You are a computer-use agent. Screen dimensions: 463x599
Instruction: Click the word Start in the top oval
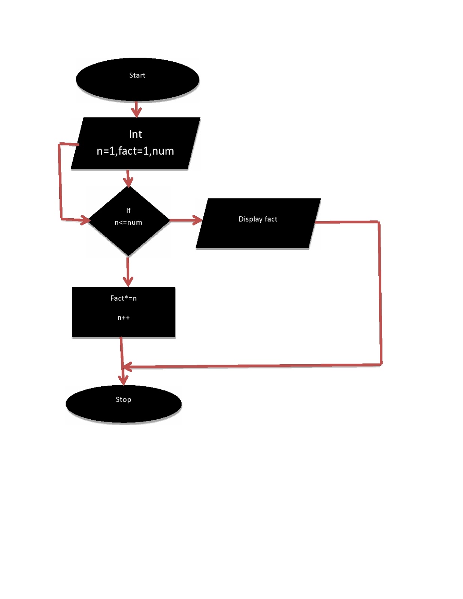(137, 75)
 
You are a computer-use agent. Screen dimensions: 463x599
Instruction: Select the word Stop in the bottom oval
(123, 399)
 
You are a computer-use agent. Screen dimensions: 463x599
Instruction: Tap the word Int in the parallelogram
(135, 134)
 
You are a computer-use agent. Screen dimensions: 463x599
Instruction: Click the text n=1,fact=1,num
(135, 151)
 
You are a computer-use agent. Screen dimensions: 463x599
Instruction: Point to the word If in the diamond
(128, 211)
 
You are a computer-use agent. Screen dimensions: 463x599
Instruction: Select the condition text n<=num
(128, 222)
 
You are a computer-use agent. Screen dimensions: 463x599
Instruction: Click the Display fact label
(258, 219)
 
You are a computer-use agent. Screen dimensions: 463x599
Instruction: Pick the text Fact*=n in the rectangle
(124, 298)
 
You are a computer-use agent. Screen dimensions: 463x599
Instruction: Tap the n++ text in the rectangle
(124, 317)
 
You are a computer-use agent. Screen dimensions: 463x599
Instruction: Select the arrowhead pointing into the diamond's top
(128, 182)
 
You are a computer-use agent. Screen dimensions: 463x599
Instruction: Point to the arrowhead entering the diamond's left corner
(85, 220)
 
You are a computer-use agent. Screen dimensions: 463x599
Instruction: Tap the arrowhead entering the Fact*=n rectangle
(128, 282)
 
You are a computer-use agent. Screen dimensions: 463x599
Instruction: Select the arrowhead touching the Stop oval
(123, 380)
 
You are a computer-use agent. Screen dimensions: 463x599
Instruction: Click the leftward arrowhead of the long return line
(127, 367)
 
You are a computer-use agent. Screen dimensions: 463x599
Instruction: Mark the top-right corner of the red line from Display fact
(379, 222)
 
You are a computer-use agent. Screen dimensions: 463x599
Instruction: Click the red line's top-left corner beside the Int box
(59, 144)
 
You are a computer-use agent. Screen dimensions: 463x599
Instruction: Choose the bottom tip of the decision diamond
(128, 256)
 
